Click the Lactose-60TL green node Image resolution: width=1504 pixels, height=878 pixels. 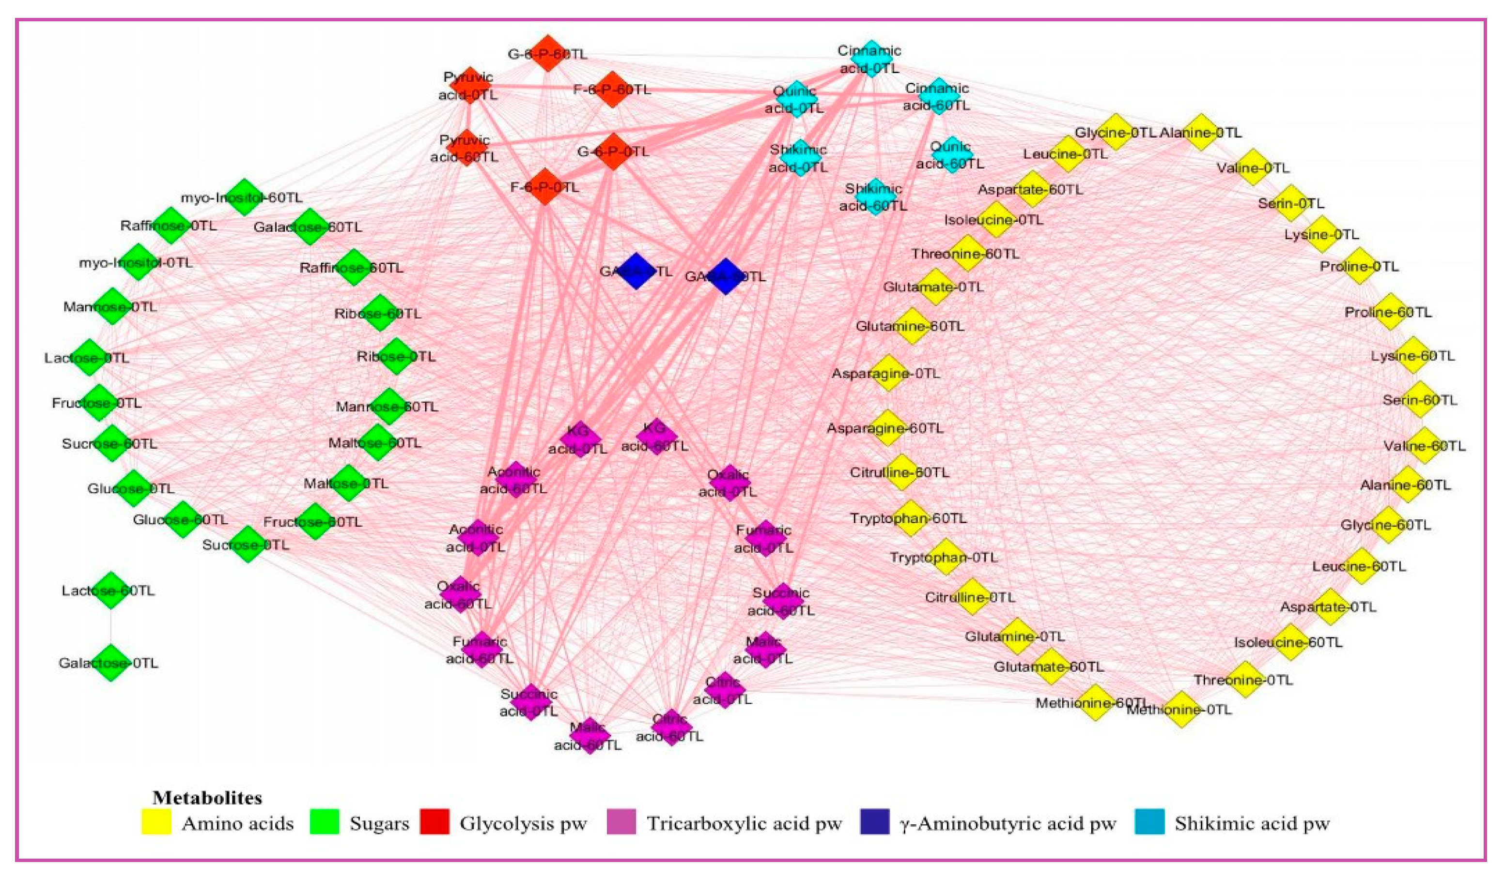[110, 590]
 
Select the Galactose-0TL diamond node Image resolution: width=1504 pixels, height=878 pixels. [111, 662]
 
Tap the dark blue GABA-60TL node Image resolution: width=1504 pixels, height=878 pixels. [725, 276]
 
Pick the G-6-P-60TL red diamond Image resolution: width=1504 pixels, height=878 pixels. [548, 54]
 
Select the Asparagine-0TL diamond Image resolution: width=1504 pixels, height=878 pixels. [889, 373]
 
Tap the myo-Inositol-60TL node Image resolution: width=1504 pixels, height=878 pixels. [244, 197]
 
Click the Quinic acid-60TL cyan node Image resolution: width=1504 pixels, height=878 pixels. [951, 154]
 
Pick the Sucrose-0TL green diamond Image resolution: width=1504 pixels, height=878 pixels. [248, 544]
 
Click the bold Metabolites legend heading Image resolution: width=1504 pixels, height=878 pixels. [207, 798]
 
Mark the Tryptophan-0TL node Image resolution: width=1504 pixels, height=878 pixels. [946, 557]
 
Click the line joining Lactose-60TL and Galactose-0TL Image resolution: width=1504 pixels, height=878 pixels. [111, 626]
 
